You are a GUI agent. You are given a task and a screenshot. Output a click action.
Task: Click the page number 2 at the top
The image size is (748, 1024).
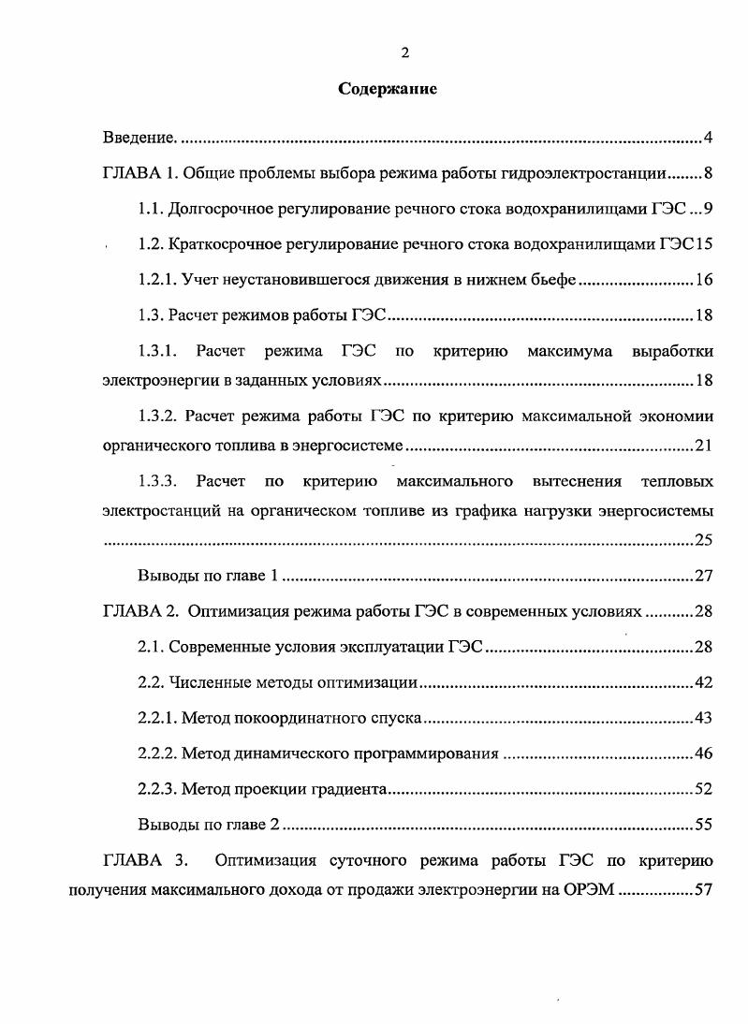tap(404, 53)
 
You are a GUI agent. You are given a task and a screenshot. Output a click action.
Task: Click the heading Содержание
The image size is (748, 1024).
tap(388, 90)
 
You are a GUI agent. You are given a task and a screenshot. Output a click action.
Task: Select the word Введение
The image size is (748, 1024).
tap(139, 139)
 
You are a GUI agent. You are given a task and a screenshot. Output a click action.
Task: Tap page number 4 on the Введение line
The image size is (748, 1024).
tap(709, 139)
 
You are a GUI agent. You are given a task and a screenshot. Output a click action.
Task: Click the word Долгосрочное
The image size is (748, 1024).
tap(223, 208)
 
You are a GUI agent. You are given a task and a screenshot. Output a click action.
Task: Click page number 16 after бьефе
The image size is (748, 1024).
tap(704, 279)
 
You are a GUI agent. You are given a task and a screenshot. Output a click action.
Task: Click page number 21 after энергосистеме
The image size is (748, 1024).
tap(704, 446)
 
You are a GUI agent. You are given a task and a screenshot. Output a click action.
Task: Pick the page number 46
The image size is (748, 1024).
tap(704, 753)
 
